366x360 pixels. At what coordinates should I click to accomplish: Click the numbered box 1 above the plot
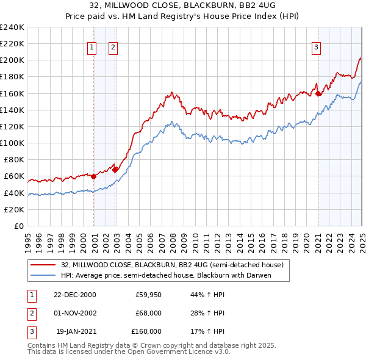(x=91, y=47)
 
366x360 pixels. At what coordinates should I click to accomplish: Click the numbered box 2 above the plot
(x=113, y=47)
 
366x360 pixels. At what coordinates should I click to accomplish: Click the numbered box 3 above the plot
(x=317, y=47)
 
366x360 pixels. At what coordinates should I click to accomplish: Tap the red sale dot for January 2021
(x=318, y=93)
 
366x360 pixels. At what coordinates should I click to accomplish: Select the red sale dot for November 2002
(x=115, y=170)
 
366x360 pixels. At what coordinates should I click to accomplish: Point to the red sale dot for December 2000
(x=94, y=176)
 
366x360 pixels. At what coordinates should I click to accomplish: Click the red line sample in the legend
(x=43, y=265)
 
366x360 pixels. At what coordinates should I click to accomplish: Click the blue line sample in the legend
(x=43, y=275)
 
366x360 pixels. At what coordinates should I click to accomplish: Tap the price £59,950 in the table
(x=148, y=295)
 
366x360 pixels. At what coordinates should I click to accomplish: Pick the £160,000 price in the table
(x=146, y=331)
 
